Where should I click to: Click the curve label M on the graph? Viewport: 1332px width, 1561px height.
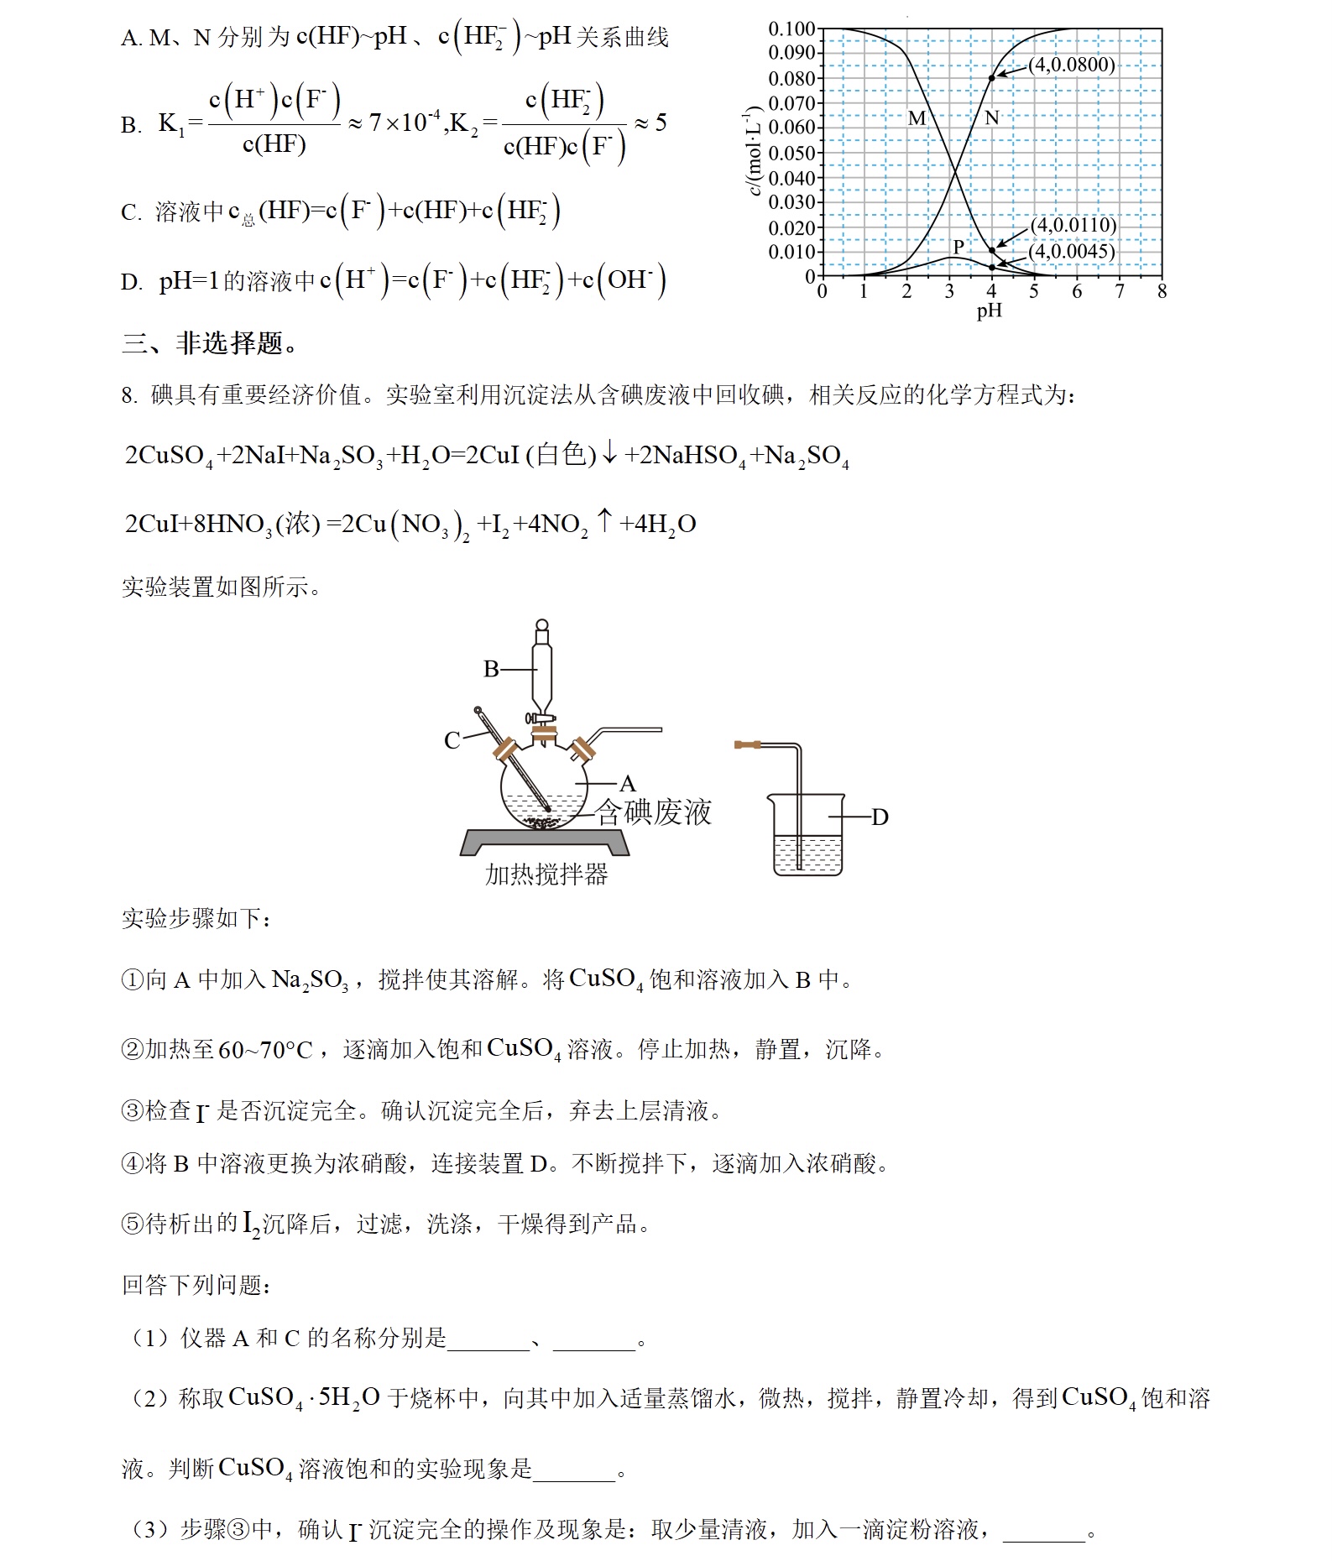click(917, 119)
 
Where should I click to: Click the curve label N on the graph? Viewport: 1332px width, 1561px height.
click(992, 118)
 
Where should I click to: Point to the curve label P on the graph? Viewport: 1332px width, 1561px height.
click(959, 246)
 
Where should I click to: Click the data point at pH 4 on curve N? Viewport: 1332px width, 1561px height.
click(991, 78)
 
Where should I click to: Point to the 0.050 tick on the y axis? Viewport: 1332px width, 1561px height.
click(791, 153)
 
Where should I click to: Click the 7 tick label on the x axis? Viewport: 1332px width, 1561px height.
click(1120, 291)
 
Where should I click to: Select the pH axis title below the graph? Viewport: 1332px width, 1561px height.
click(990, 311)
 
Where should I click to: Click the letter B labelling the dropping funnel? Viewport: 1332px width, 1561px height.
click(491, 669)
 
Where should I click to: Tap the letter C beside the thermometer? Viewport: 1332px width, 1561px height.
click(452, 740)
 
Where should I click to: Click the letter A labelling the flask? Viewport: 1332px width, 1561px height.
click(627, 784)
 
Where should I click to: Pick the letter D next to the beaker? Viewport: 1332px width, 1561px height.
click(880, 817)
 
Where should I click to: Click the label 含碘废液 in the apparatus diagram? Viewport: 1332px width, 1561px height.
click(654, 812)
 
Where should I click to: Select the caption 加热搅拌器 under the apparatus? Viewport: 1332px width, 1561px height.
click(546, 874)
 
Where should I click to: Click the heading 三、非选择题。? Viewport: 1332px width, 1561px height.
click(210, 343)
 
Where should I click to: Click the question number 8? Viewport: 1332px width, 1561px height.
click(128, 395)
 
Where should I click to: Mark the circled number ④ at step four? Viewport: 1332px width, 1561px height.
click(133, 1164)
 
